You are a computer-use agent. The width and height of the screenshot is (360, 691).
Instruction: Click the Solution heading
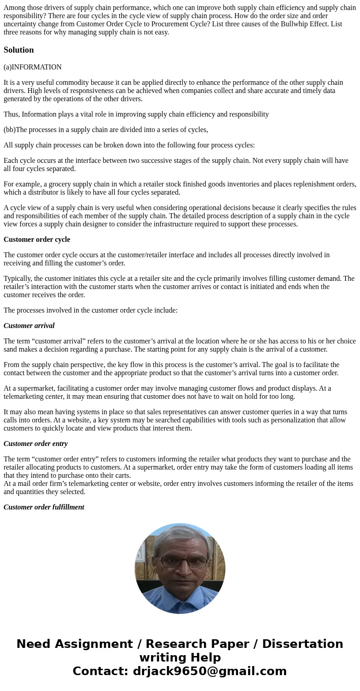(x=19, y=50)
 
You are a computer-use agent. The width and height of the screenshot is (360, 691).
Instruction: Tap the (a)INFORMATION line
(x=33, y=67)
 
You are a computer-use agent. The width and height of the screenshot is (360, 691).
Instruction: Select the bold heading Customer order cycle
(x=37, y=240)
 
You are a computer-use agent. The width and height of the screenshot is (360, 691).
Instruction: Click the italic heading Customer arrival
(x=29, y=326)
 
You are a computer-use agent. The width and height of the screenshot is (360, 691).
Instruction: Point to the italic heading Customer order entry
(x=35, y=444)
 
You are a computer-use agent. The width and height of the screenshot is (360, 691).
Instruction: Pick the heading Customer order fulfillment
(x=44, y=507)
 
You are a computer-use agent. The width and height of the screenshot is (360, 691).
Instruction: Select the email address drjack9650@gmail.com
(x=209, y=671)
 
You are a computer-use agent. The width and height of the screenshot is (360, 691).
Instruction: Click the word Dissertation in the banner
(x=302, y=644)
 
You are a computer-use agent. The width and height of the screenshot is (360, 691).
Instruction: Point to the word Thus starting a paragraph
(x=11, y=114)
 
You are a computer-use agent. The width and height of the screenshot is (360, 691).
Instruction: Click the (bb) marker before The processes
(x=10, y=130)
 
